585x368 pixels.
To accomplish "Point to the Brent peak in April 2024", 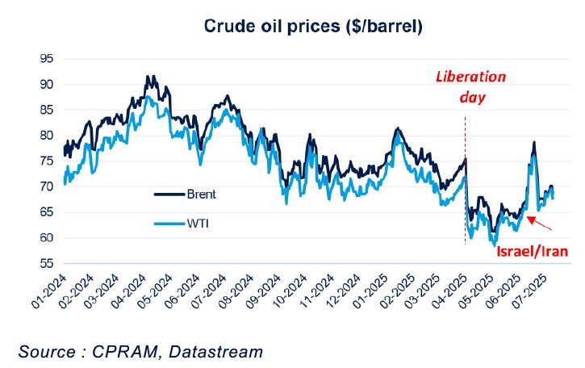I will pyautogui.click(x=148, y=77).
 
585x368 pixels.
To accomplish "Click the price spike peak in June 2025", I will pyautogui.click(x=533, y=144).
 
